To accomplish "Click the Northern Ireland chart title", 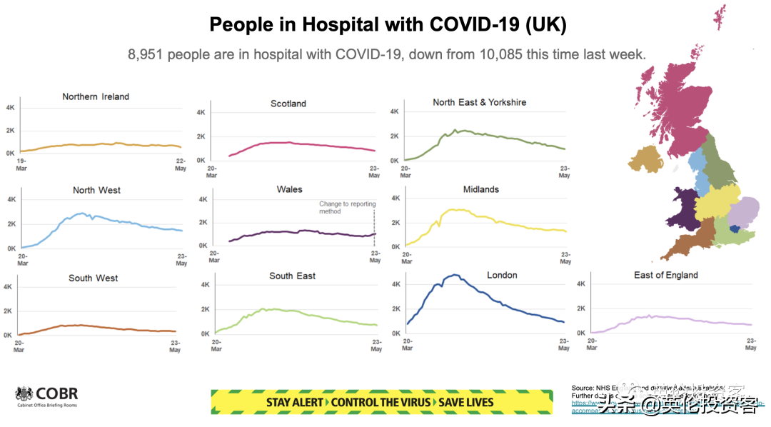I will point(96,96).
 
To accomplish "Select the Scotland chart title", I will point(288,104).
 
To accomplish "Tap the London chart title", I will point(502,275).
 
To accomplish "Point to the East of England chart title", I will point(666,275).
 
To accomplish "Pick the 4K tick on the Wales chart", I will point(202,200).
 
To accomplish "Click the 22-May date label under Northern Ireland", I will point(181,164).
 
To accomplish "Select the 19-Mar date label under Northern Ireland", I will point(22,164).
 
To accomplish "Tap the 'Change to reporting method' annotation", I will point(347,208).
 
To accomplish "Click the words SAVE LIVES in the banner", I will point(465,402).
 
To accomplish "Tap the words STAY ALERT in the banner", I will point(294,402).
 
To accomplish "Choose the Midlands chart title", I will point(480,189).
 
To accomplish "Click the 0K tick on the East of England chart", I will point(581,333).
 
